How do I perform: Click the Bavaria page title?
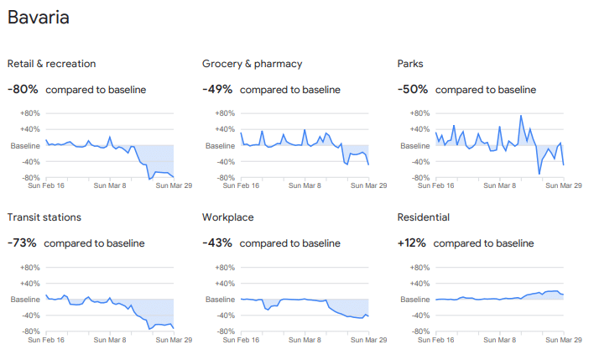click(39, 18)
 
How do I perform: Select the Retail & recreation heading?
click(51, 64)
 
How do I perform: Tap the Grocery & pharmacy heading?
click(252, 64)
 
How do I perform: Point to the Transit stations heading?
click(44, 217)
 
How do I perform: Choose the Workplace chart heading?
click(228, 217)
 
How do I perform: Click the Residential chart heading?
click(423, 217)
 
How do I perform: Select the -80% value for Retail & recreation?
click(22, 90)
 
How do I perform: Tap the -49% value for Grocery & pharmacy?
click(216, 90)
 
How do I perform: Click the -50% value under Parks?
click(412, 90)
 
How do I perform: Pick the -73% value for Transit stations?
click(22, 243)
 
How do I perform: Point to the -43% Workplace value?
click(216, 243)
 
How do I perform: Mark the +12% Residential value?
click(411, 243)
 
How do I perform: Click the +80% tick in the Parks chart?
click(419, 113)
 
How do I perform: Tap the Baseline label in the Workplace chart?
click(220, 300)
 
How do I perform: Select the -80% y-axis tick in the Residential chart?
click(419, 331)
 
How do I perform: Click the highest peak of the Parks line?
click(521, 116)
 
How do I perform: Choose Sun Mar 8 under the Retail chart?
click(110, 186)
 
